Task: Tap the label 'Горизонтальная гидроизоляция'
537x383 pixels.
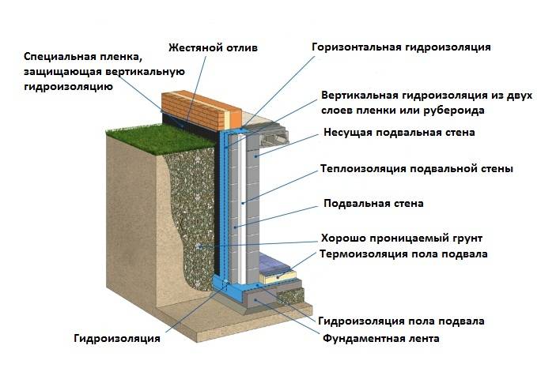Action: click(x=401, y=47)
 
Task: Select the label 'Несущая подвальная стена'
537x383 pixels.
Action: click(x=399, y=132)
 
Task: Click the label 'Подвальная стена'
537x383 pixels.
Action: click(x=373, y=203)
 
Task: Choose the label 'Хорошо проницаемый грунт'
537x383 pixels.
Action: click(x=400, y=238)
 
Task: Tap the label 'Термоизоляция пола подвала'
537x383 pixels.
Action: click(x=403, y=253)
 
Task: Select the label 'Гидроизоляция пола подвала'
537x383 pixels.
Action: click(x=401, y=321)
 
